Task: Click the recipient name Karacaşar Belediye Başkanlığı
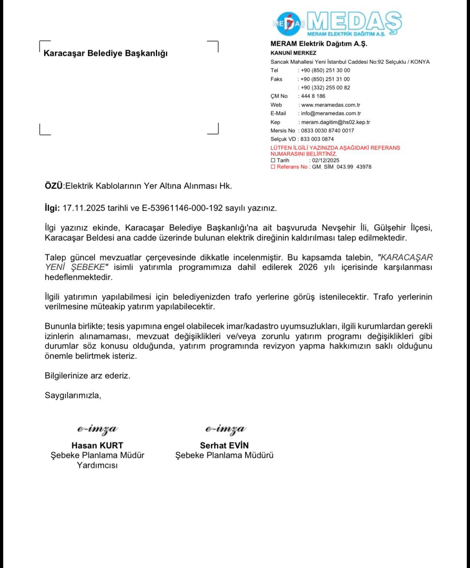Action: (105, 53)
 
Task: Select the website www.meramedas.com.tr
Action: (330, 105)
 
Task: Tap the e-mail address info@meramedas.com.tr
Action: (330, 113)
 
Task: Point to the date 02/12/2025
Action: (326, 160)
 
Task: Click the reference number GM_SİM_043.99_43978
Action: (341, 167)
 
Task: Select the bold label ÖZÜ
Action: (53, 186)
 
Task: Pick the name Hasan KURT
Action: (97, 445)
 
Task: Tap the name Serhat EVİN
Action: (224, 445)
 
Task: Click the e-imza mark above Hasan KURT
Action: (97, 429)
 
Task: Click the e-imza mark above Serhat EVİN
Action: (225, 429)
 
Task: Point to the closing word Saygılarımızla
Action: (73, 396)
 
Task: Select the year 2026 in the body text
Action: (308, 267)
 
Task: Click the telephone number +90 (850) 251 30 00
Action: (325, 70)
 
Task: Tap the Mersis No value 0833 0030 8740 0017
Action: (327, 131)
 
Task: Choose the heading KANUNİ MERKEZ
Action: (293, 53)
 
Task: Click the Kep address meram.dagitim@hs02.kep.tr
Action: (335, 122)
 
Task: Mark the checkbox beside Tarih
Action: (273, 160)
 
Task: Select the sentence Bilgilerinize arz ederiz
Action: (87, 376)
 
